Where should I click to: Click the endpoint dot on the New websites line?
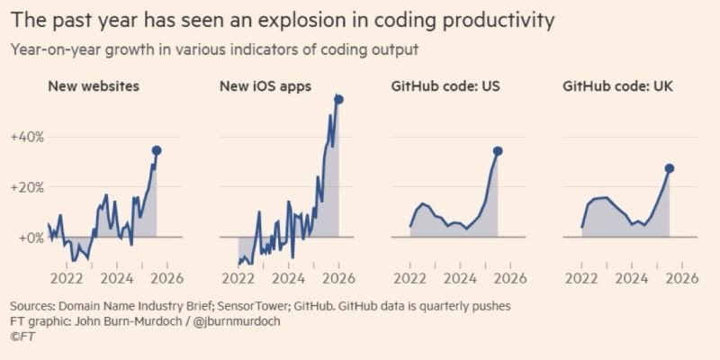[x=157, y=150]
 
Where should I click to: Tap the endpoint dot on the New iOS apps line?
[x=339, y=100]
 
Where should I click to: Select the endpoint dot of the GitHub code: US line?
[x=498, y=151]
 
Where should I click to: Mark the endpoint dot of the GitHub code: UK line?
[x=669, y=168]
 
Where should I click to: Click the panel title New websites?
[x=94, y=86]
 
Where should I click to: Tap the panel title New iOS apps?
[x=265, y=86]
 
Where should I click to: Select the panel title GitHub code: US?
[x=445, y=86]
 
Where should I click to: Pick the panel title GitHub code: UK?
[x=617, y=86]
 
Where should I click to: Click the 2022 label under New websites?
[x=66, y=279]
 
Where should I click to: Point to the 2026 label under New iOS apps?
[x=339, y=279]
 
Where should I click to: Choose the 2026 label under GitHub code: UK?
[x=682, y=279]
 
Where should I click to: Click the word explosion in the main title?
[x=292, y=22]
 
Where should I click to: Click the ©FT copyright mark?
[x=22, y=337]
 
